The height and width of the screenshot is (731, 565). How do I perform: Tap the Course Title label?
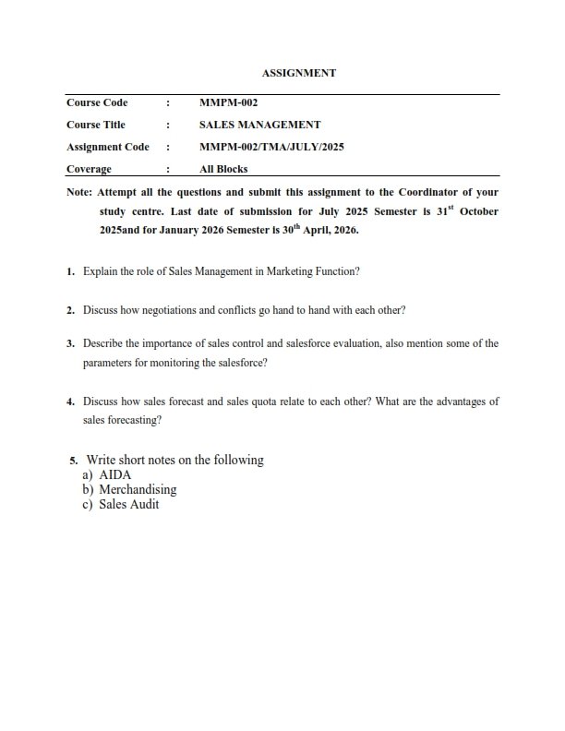[x=96, y=125]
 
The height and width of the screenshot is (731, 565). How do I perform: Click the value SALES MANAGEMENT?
[x=260, y=125]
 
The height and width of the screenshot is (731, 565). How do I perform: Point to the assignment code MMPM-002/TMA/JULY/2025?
[x=271, y=147]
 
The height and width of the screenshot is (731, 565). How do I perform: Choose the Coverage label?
[x=89, y=169]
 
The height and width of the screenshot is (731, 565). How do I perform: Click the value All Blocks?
[x=223, y=169]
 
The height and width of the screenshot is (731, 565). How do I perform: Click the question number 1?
[x=70, y=273]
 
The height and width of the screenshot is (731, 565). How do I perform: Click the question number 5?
[x=73, y=461]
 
